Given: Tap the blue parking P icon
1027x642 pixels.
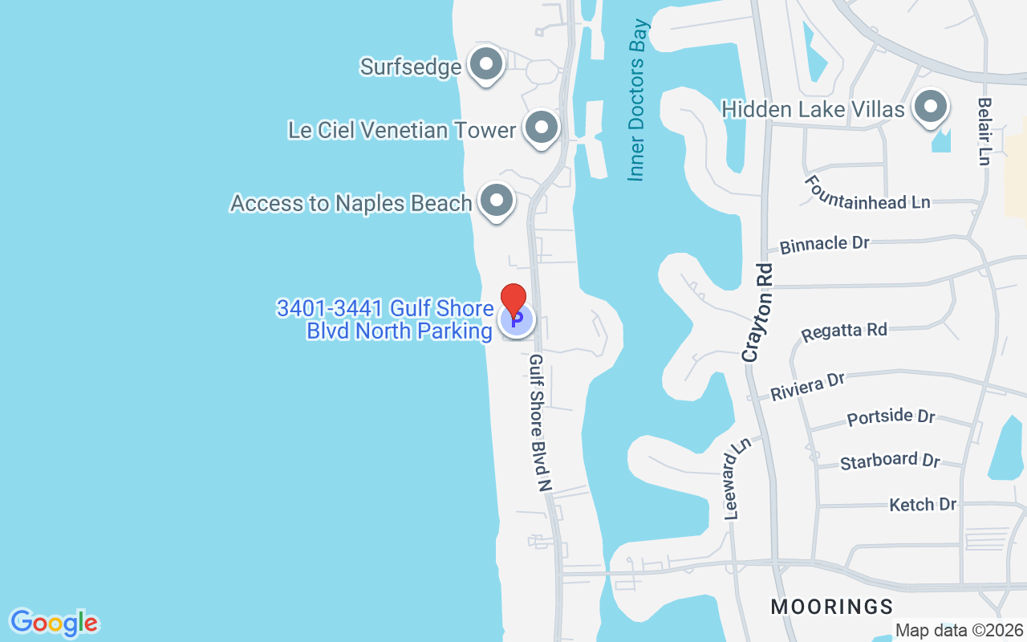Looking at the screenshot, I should click(x=517, y=321).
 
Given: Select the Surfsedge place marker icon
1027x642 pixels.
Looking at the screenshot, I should click(x=485, y=65).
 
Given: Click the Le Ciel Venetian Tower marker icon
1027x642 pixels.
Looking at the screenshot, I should click(x=541, y=128).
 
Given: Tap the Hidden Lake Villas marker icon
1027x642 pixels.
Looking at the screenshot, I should click(x=931, y=107).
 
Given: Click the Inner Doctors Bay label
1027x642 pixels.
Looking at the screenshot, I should click(x=638, y=100).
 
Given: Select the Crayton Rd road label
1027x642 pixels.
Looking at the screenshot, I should click(x=758, y=312).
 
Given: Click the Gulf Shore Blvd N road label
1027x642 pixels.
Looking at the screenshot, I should click(x=539, y=422).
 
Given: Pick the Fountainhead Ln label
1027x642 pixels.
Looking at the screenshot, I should click(x=868, y=193).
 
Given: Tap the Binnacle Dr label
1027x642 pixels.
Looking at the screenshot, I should click(x=825, y=244).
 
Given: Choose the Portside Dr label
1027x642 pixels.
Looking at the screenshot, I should click(x=891, y=417).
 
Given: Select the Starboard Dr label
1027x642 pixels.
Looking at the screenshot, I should click(x=890, y=461).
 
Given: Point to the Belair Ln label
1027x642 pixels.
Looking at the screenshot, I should click(x=984, y=132).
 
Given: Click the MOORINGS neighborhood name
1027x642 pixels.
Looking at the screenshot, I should click(x=831, y=606).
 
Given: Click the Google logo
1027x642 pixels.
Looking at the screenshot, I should click(x=54, y=623).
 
